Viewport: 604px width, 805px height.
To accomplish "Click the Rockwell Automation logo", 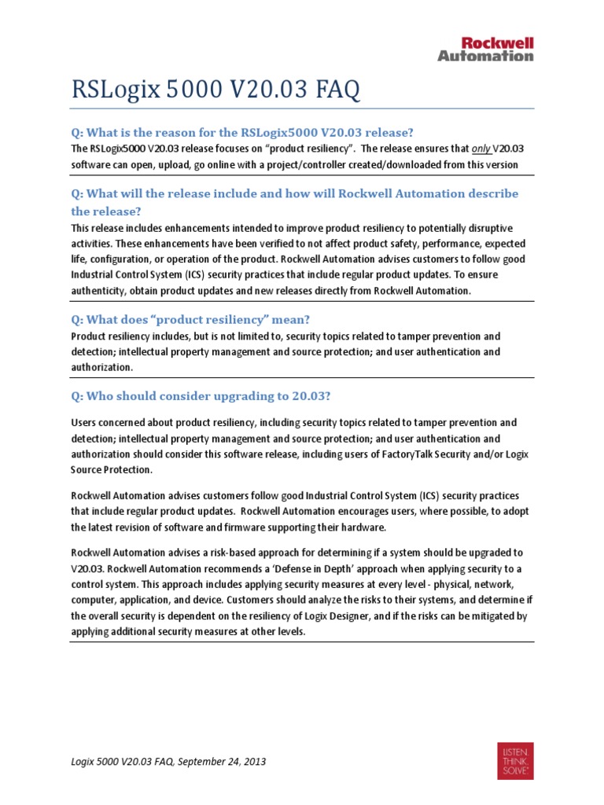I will [485, 48].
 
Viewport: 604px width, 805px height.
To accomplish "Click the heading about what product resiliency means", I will [191, 319].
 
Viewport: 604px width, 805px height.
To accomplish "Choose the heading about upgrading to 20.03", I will [206, 395].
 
